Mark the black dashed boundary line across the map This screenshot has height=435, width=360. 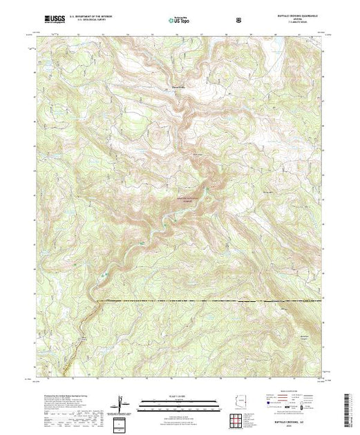pos(207,302)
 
